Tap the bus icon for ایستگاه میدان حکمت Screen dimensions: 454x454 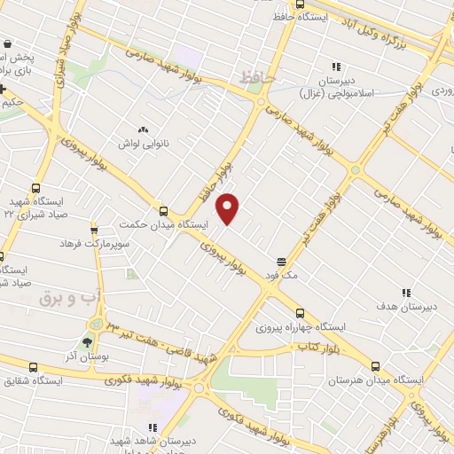coord(162,211)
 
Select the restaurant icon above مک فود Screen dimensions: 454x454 coord(281,262)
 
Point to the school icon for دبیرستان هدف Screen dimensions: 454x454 coord(406,293)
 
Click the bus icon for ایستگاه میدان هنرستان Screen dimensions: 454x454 coord(374,366)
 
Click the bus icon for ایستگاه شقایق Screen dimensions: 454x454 coord(33,367)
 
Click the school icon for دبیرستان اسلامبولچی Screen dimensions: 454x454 coord(335,67)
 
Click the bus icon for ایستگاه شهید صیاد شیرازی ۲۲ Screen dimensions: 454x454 coord(35,188)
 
